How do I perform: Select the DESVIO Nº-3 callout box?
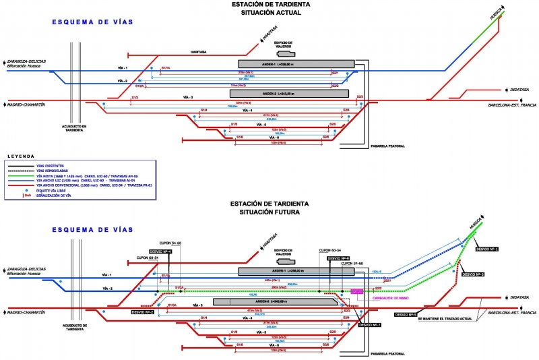[x=474, y=274]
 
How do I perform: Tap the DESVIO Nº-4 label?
[x=160, y=251]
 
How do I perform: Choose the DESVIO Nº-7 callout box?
[x=370, y=324]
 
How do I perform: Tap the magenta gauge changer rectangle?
[x=356, y=291]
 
